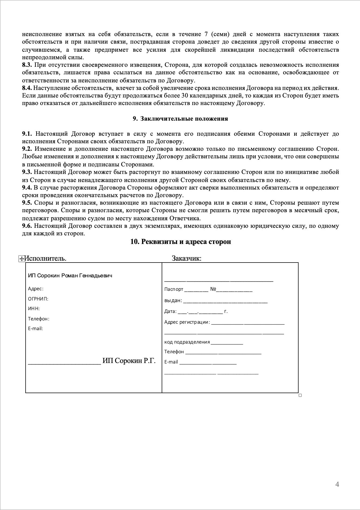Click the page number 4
tap(337, 484)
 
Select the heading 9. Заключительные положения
tap(180, 119)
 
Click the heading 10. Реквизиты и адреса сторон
tap(181, 242)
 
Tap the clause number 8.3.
tap(27, 65)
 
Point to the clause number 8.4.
tap(27, 88)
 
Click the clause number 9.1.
tap(27, 134)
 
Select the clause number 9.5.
tap(27, 203)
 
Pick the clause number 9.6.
tap(27, 226)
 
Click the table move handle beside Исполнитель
tap(21, 259)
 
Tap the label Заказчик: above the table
tap(186, 259)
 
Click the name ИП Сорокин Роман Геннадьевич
tap(70, 275)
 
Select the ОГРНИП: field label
tap(38, 299)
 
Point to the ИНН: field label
tap(34, 309)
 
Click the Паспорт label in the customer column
tap(174, 289)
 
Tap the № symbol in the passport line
tap(213, 289)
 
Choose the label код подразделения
tap(187, 342)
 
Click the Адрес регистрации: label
tap(187, 322)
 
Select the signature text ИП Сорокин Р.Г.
tap(129, 361)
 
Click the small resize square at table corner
tap(300, 395)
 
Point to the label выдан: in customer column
tap(173, 300)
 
